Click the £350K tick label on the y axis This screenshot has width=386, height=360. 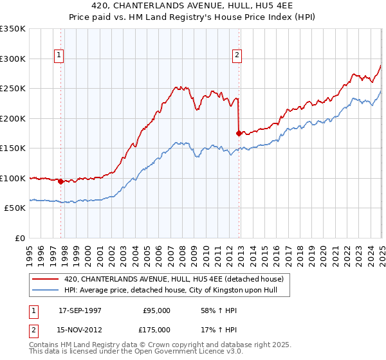13,29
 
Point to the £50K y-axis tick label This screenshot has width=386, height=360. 15,208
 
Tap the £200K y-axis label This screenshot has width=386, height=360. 13,118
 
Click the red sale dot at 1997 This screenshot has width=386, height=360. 61,181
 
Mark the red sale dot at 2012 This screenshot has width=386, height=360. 239,133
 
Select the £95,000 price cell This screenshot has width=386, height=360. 156,310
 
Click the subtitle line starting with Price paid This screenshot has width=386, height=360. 192,18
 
